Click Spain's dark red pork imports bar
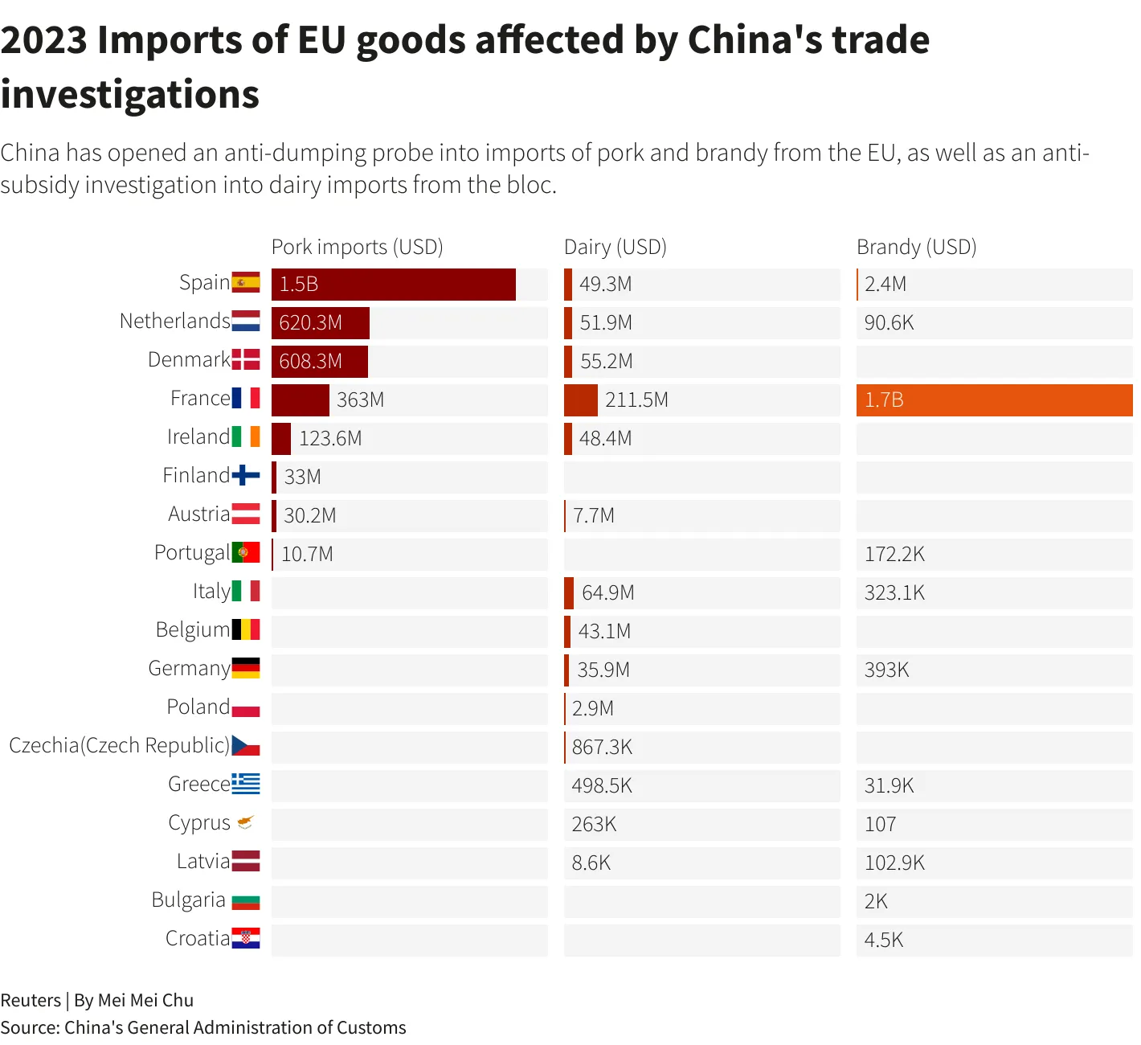(x=394, y=285)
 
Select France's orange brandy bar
(x=994, y=400)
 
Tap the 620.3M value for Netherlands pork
(x=311, y=323)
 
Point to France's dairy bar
(x=581, y=400)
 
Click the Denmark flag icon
(x=246, y=359)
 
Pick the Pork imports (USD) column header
(x=358, y=247)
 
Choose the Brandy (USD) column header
(x=916, y=247)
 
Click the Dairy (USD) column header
(x=615, y=247)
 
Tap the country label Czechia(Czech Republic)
(x=120, y=745)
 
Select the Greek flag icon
(x=246, y=783)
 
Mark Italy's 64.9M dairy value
(x=608, y=593)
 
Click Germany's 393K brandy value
(x=886, y=670)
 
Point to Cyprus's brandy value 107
(x=880, y=825)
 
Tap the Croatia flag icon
(x=246, y=938)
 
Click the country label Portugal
(x=192, y=553)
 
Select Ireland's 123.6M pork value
(x=330, y=439)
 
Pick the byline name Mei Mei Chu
(x=145, y=1001)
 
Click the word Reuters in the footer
(x=31, y=1001)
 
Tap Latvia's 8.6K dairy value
(x=591, y=863)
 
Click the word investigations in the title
(x=130, y=94)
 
